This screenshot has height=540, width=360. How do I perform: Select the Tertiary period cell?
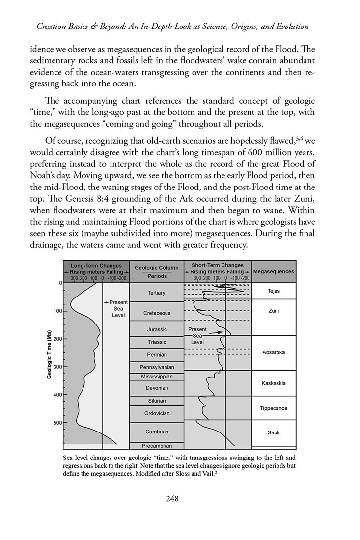156,293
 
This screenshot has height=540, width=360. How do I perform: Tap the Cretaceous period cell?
156,313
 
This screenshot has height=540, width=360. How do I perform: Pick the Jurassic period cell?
156,329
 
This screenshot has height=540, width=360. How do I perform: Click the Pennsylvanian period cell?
156,367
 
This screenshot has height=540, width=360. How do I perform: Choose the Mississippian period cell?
156,377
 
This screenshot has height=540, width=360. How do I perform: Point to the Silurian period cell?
156,401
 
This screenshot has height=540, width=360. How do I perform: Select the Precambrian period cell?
156,446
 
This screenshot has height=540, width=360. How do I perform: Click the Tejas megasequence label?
274,291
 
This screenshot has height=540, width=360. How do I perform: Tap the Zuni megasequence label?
274,311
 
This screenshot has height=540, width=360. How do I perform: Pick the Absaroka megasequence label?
274,352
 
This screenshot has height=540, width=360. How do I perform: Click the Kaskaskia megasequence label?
274,383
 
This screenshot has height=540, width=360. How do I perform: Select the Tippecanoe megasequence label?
274,408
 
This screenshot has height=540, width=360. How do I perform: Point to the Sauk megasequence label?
274,432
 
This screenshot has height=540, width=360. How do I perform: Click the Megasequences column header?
274,271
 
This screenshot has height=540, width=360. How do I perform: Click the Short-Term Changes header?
217,265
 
